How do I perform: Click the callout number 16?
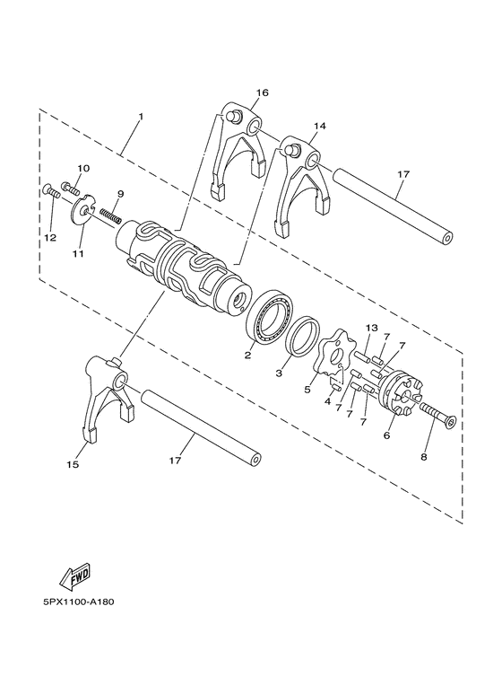click(x=262, y=92)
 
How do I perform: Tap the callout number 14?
click(x=320, y=127)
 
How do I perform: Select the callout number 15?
click(x=73, y=465)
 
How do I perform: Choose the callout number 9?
click(x=120, y=193)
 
